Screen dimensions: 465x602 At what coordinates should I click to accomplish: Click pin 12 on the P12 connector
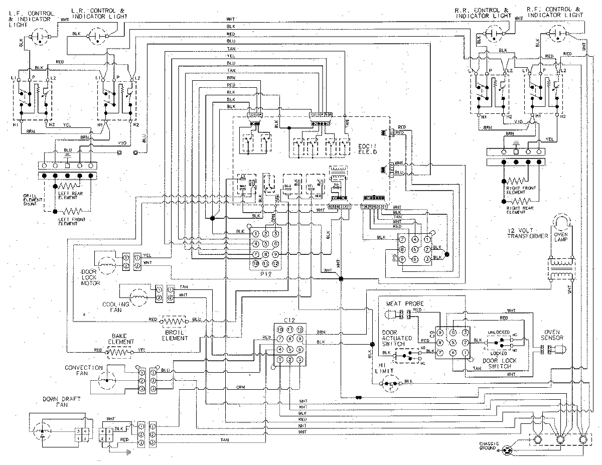(x=275, y=263)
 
